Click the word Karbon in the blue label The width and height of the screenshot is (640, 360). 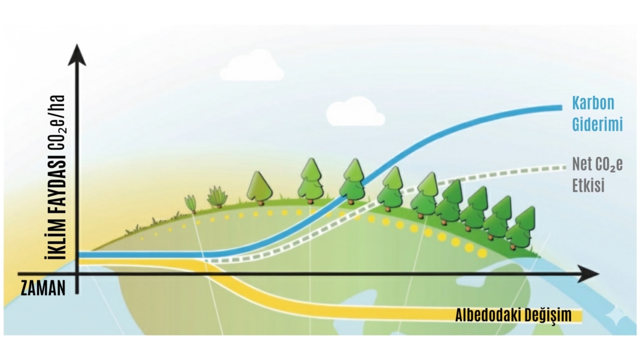(x=593, y=103)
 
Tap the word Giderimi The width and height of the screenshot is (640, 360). (x=597, y=124)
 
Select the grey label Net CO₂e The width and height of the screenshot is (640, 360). (x=597, y=164)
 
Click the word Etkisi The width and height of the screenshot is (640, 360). (x=588, y=185)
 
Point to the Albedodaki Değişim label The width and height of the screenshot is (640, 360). (x=514, y=316)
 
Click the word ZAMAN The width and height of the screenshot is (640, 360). (x=43, y=288)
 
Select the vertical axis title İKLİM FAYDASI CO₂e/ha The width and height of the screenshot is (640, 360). (x=55, y=177)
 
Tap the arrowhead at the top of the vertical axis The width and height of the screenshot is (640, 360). (x=77, y=55)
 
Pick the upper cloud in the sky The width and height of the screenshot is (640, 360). (x=252, y=66)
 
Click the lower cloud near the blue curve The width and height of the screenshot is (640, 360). (x=355, y=111)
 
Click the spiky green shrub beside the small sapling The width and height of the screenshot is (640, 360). (x=217, y=197)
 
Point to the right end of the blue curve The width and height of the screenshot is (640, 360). (x=561, y=108)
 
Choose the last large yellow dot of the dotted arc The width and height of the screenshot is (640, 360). (x=482, y=253)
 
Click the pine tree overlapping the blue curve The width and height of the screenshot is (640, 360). (x=353, y=181)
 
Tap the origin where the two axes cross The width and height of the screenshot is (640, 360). (x=77, y=274)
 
